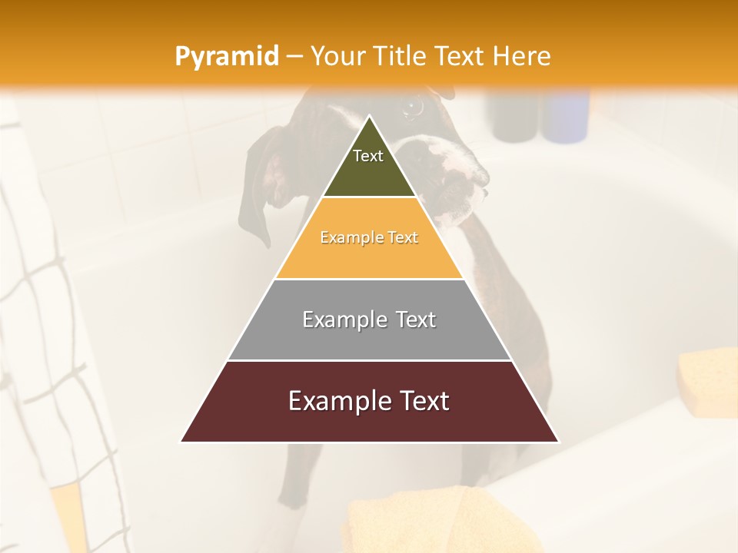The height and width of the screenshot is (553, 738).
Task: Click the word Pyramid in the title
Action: point(227,57)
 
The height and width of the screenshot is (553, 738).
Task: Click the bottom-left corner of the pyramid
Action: point(182,441)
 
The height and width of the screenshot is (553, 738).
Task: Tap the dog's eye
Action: point(413,108)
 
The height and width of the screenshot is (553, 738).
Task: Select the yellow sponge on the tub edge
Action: point(708,380)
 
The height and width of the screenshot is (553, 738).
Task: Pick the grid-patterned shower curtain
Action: point(46,346)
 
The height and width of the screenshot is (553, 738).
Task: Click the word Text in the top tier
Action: point(368,156)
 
